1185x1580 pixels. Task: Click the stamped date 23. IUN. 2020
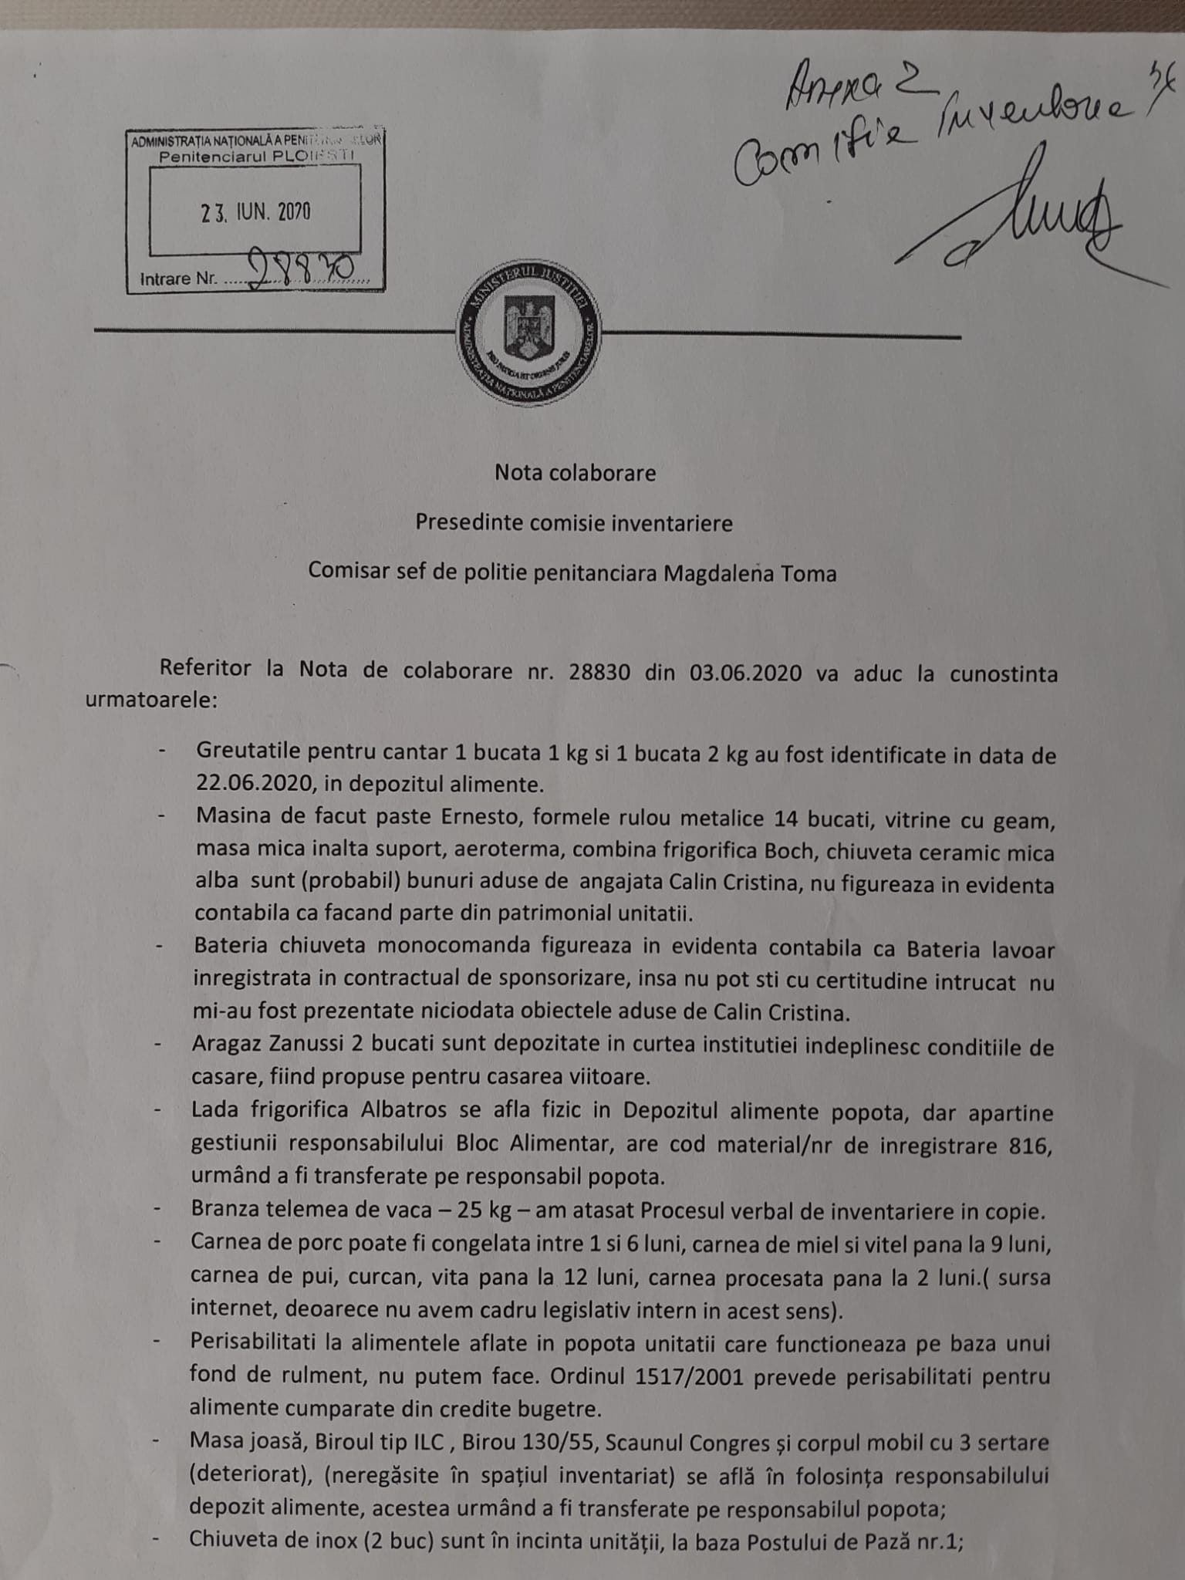pyautogui.click(x=255, y=213)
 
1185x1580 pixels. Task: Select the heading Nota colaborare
pyautogui.click(x=575, y=473)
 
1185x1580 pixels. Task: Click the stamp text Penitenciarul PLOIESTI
pyautogui.click(x=255, y=157)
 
